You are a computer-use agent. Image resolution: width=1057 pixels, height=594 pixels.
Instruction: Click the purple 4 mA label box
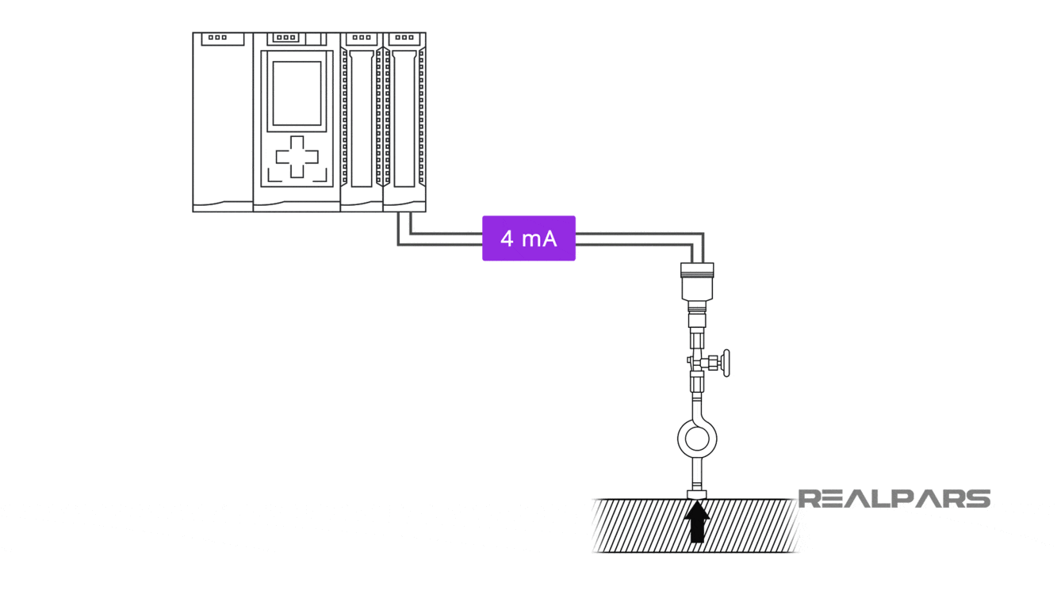click(529, 238)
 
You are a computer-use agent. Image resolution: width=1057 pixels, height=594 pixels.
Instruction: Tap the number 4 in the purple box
click(507, 238)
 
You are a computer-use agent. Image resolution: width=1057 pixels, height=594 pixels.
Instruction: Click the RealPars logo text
click(894, 498)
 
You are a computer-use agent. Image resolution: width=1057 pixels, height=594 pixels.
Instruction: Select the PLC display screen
click(297, 93)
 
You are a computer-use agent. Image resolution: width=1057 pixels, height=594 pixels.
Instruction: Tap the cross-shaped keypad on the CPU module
click(297, 157)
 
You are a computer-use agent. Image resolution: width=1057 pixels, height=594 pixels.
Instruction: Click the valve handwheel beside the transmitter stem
click(725, 363)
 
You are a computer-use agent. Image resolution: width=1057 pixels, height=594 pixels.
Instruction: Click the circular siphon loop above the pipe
click(697, 438)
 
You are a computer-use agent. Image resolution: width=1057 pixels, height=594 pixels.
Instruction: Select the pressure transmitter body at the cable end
click(697, 282)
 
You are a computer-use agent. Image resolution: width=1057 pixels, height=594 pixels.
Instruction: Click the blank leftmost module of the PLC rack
click(223, 123)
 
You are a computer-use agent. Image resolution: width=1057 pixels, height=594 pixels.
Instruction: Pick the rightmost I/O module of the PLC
click(404, 123)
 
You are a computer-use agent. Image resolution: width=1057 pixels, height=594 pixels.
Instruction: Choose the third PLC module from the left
click(362, 123)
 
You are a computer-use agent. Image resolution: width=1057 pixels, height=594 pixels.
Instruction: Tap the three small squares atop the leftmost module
click(217, 37)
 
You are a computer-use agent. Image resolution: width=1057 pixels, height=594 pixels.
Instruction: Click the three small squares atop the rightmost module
click(404, 37)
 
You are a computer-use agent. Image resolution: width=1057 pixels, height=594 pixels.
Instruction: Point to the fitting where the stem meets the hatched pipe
click(697, 495)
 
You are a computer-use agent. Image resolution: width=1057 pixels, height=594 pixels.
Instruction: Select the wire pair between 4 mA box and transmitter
click(634, 238)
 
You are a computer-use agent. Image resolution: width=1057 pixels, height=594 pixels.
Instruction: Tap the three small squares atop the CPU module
click(286, 37)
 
